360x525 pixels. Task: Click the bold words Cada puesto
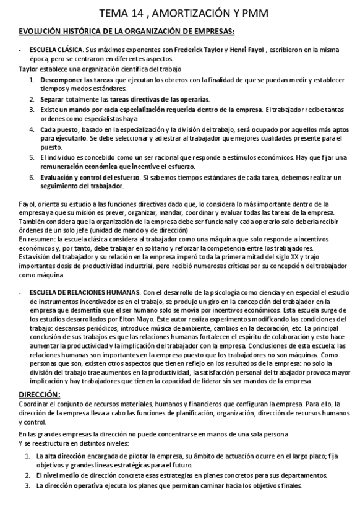tap(59, 129)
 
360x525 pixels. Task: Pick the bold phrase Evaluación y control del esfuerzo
tap(90, 178)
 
